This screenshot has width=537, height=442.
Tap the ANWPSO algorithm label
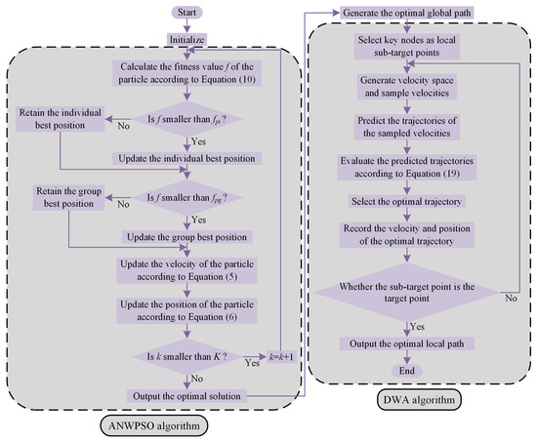[157, 426]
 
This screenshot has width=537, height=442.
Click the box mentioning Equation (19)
[407, 167]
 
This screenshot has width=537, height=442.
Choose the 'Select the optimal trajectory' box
[407, 201]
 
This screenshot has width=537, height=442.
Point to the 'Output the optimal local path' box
[407, 343]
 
